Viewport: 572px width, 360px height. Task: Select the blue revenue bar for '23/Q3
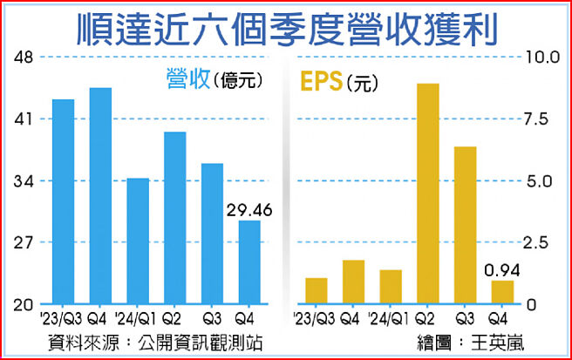[63, 202]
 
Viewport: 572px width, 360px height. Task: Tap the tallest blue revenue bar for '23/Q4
[100, 196]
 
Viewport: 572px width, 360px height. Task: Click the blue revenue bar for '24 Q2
[175, 218]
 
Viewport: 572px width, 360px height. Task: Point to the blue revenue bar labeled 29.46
[249, 262]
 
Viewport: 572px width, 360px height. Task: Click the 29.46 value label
[249, 209]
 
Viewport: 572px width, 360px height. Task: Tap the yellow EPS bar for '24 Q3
[466, 225]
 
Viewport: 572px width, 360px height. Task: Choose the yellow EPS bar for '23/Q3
[317, 291]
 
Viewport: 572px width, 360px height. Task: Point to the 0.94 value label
[502, 269]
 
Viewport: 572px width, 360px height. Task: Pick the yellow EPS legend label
[321, 81]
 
